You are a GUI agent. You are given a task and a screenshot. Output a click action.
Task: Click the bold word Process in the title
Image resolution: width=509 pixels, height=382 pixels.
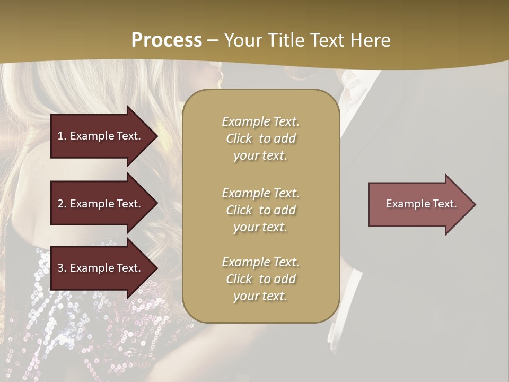tap(166, 40)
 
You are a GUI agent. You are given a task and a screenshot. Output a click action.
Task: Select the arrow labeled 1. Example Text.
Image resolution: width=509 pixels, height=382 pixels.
tap(100, 136)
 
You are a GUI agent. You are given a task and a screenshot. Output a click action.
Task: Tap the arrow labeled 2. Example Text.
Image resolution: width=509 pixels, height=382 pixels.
tap(100, 204)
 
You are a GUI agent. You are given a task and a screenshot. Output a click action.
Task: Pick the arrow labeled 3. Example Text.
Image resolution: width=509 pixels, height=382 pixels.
tap(100, 268)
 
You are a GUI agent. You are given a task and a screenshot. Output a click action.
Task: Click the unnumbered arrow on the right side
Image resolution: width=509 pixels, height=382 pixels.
tap(422, 204)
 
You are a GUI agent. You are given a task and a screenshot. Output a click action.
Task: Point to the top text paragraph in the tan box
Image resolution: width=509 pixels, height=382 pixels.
tap(260, 138)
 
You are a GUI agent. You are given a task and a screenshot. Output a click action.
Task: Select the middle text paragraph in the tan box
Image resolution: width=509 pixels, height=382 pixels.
tap(260, 210)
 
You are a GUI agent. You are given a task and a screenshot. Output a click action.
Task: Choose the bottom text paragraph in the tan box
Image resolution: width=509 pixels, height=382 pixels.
tap(260, 279)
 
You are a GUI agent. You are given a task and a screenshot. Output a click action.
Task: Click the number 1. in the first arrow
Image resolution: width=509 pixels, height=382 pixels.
tap(62, 136)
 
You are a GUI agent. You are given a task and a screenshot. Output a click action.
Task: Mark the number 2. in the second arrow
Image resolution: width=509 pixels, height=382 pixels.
tap(62, 204)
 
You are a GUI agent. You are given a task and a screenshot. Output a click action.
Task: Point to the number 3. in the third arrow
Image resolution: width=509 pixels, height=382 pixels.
tap(62, 268)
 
